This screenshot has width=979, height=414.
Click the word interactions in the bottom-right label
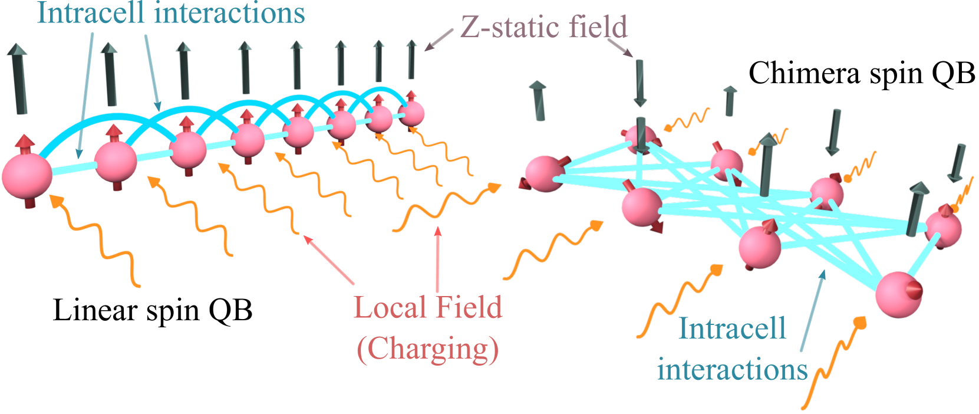[x=732, y=370]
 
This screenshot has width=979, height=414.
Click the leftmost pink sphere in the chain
[x=27, y=176]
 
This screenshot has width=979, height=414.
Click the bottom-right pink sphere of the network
[x=898, y=294]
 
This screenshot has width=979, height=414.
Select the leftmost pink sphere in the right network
[x=543, y=173]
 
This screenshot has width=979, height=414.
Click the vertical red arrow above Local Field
[x=438, y=259]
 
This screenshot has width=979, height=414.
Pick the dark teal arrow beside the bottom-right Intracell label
[x=813, y=313]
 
